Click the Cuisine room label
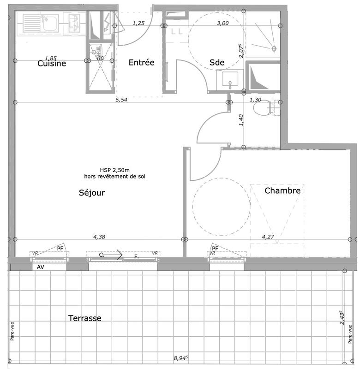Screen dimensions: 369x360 pyautogui.click(x=52, y=63)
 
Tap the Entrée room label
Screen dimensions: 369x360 pyautogui.click(x=141, y=63)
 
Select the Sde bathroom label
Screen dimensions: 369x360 pyautogui.click(x=217, y=63)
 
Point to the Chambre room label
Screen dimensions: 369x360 pyautogui.click(x=282, y=190)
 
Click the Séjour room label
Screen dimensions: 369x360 pyautogui.click(x=92, y=193)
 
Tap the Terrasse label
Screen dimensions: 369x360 pyautogui.click(x=85, y=318)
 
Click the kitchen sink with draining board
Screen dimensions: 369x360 pyautogui.click(x=40, y=23)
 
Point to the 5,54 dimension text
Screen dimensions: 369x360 pyautogui.click(x=121, y=99)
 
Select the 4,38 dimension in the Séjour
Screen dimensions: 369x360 pyautogui.click(x=99, y=237)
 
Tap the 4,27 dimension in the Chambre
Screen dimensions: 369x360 pyautogui.click(x=268, y=237)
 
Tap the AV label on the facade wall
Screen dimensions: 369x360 pyautogui.click(x=41, y=267)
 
